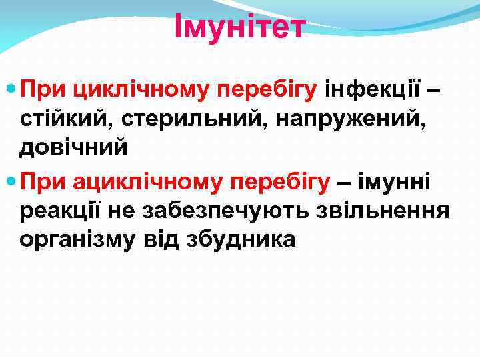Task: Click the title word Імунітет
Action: pos(239,27)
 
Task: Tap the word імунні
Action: pos(394,182)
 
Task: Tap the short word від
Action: pos(159,240)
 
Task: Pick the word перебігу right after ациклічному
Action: pos(279,182)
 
